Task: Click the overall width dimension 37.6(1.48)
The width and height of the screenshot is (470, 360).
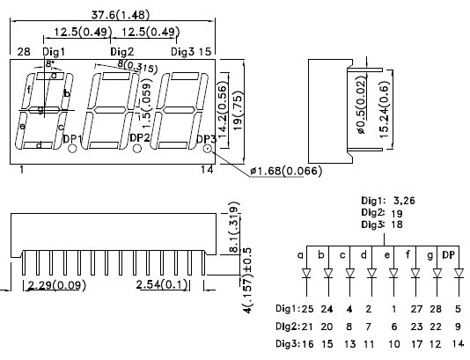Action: (120, 15)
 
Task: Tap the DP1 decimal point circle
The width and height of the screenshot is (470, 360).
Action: (72, 149)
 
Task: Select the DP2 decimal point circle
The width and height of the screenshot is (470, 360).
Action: (137, 148)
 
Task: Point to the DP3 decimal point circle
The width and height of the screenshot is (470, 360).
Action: (208, 148)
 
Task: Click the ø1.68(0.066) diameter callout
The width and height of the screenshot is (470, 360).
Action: (286, 171)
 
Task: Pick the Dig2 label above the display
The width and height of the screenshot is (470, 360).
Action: (121, 52)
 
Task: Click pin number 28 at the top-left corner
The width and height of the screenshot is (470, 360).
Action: (24, 52)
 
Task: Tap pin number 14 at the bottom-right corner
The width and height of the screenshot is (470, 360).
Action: (207, 170)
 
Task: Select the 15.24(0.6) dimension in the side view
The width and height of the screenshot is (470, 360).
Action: (384, 109)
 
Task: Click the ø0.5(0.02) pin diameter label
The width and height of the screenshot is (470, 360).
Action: (361, 105)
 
